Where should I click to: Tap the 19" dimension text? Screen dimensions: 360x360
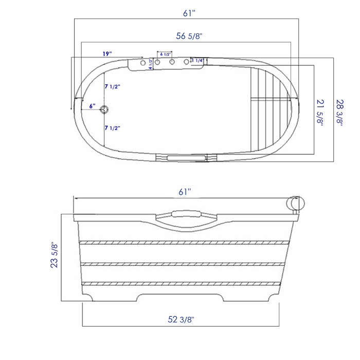[x=107, y=53]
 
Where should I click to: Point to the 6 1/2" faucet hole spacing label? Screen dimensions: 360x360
[x=166, y=54]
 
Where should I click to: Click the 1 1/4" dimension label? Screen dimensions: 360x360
[x=198, y=61]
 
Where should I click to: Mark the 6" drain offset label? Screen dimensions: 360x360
[x=92, y=106]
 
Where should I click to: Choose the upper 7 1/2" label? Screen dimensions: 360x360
[x=112, y=86]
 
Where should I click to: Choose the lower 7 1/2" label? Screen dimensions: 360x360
[x=112, y=128]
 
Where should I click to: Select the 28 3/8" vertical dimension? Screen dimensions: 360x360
[x=339, y=112]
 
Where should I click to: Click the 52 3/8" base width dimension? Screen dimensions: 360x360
[x=181, y=319]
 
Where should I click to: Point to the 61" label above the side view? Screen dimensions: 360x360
[x=185, y=191]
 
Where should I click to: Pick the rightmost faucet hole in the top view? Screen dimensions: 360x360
[x=187, y=62]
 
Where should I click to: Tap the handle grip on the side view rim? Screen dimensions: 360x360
[x=187, y=213]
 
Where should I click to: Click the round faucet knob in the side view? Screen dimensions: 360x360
[x=295, y=203]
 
